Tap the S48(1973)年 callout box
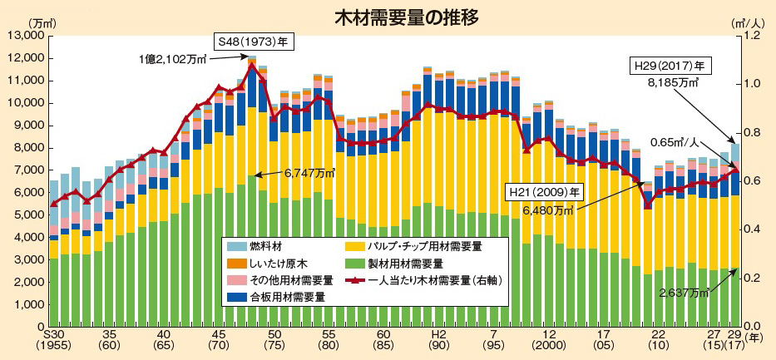tap(250, 41)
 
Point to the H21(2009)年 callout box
tap(546, 190)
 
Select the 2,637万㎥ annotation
tap(683, 293)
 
